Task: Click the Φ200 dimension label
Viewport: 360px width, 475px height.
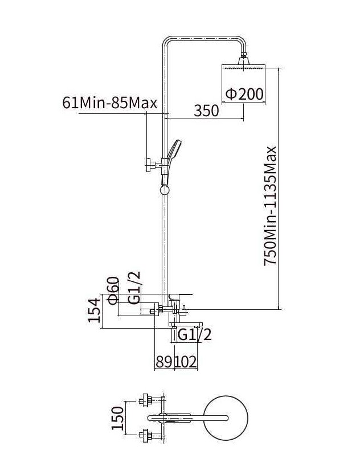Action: (244, 94)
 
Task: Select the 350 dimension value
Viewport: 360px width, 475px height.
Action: (206, 110)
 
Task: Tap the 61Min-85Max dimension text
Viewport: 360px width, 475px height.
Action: (110, 103)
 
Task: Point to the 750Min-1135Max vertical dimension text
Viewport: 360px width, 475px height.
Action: (269, 206)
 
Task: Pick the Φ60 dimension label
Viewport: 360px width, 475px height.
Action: (112, 291)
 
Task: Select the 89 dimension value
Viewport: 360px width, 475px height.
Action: (164, 362)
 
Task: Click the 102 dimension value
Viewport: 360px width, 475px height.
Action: (186, 362)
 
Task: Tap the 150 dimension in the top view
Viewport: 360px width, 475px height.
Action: (117, 418)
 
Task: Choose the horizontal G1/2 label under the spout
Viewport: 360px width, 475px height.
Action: (194, 335)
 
